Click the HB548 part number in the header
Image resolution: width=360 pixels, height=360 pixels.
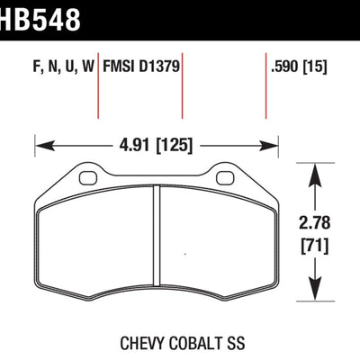point(40,16)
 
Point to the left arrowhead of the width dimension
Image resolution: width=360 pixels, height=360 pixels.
point(40,142)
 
